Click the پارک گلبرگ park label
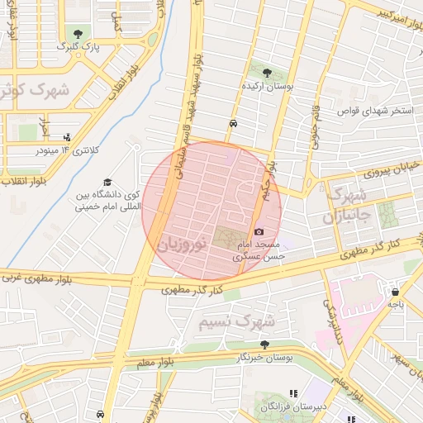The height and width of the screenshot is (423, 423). click(x=72, y=48)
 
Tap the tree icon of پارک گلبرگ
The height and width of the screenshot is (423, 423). click(x=78, y=34)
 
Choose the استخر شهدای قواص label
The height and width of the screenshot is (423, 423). click(x=378, y=110)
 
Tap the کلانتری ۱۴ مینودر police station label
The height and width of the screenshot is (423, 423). click(x=69, y=150)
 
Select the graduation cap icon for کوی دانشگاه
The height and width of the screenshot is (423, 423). click(x=107, y=182)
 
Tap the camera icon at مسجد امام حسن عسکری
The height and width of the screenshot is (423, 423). click(x=260, y=232)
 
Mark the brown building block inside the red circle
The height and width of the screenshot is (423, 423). click(x=226, y=236)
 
